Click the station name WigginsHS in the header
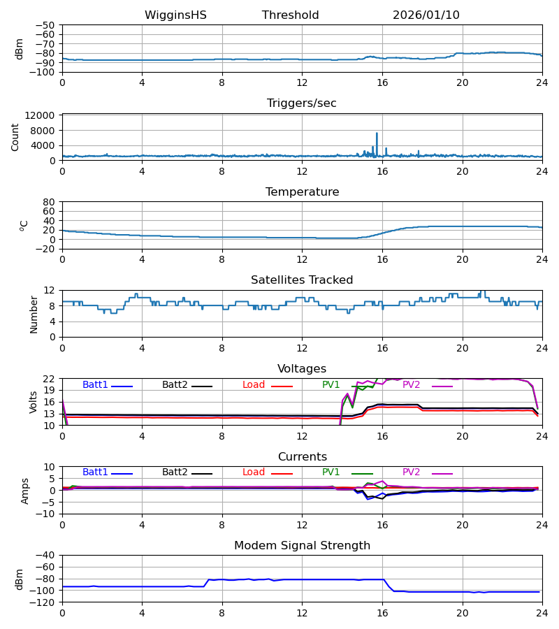pyautogui.click(x=175, y=15)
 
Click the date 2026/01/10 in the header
pyautogui.click(x=426, y=15)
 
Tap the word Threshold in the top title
pyautogui.click(x=291, y=15)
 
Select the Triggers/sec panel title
pyautogui.click(x=302, y=103)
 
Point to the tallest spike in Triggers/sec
pyautogui.click(x=377, y=133)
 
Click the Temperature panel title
pyautogui.click(x=302, y=192)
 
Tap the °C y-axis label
pyautogui.click(x=24, y=225)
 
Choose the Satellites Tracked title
pyautogui.click(x=302, y=280)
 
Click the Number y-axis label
pyautogui.click(x=34, y=314)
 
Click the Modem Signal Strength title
pyautogui.click(x=302, y=546)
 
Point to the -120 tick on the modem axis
pyautogui.click(x=45, y=602)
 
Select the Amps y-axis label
pyautogui.click(x=26, y=491)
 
